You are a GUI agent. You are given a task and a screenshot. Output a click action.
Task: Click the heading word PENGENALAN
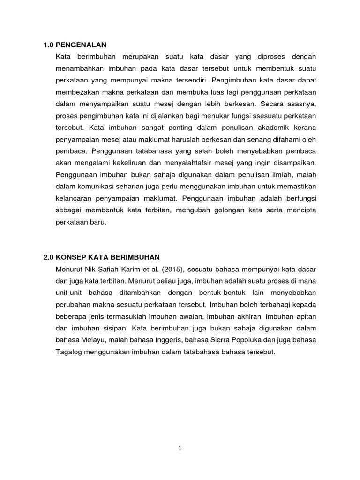click(x=81, y=45)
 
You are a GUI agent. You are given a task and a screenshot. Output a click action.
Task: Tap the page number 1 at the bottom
click(x=180, y=448)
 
